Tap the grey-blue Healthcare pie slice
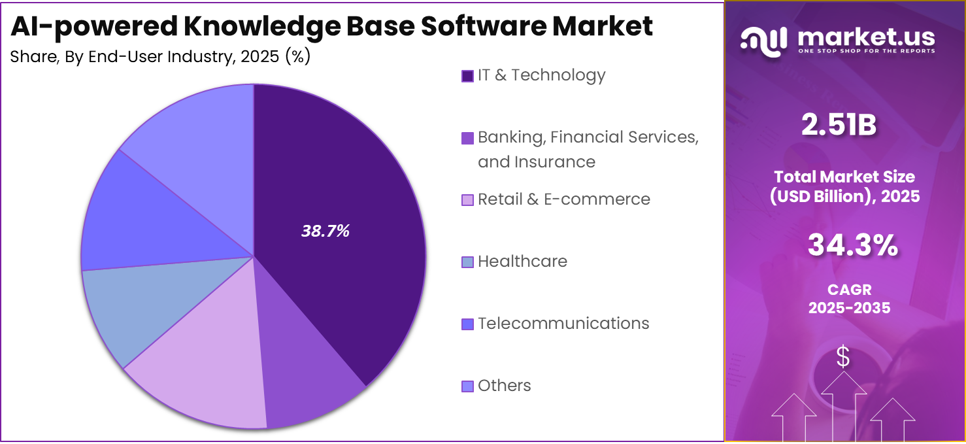[131, 307]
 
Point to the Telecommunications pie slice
[131, 222]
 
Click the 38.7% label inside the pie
[325, 231]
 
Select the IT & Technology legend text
[541, 75]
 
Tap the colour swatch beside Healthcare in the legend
[467, 262]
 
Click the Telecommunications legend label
[563, 324]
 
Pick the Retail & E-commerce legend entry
[563, 199]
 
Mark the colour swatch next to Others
[467, 386]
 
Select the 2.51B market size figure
[839, 126]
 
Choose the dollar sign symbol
[844, 357]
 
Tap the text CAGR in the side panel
[849, 290]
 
